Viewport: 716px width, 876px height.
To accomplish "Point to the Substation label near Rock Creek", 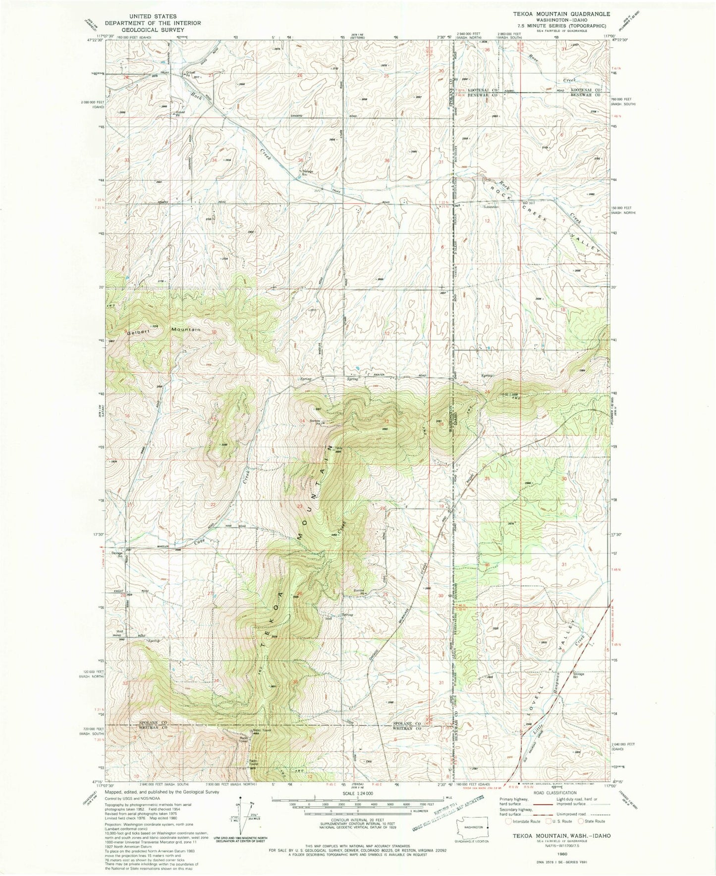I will [x=491, y=207].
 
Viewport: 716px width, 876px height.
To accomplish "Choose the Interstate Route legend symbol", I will [x=508, y=821].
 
